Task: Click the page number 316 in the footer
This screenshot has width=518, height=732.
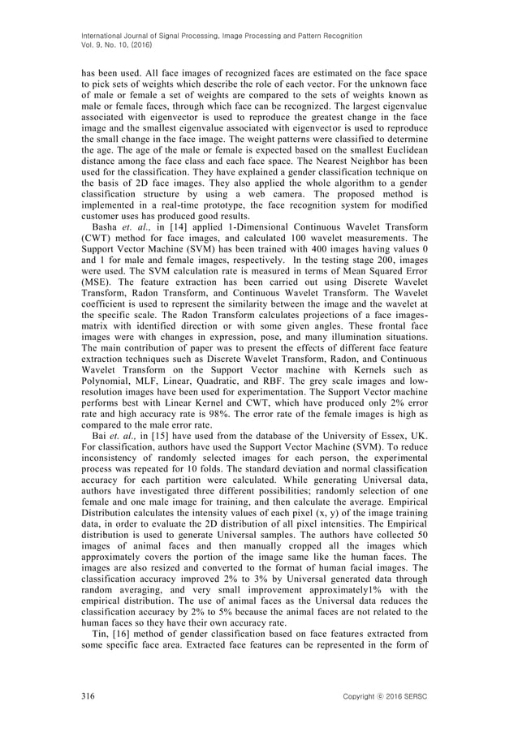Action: click(88, 697)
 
